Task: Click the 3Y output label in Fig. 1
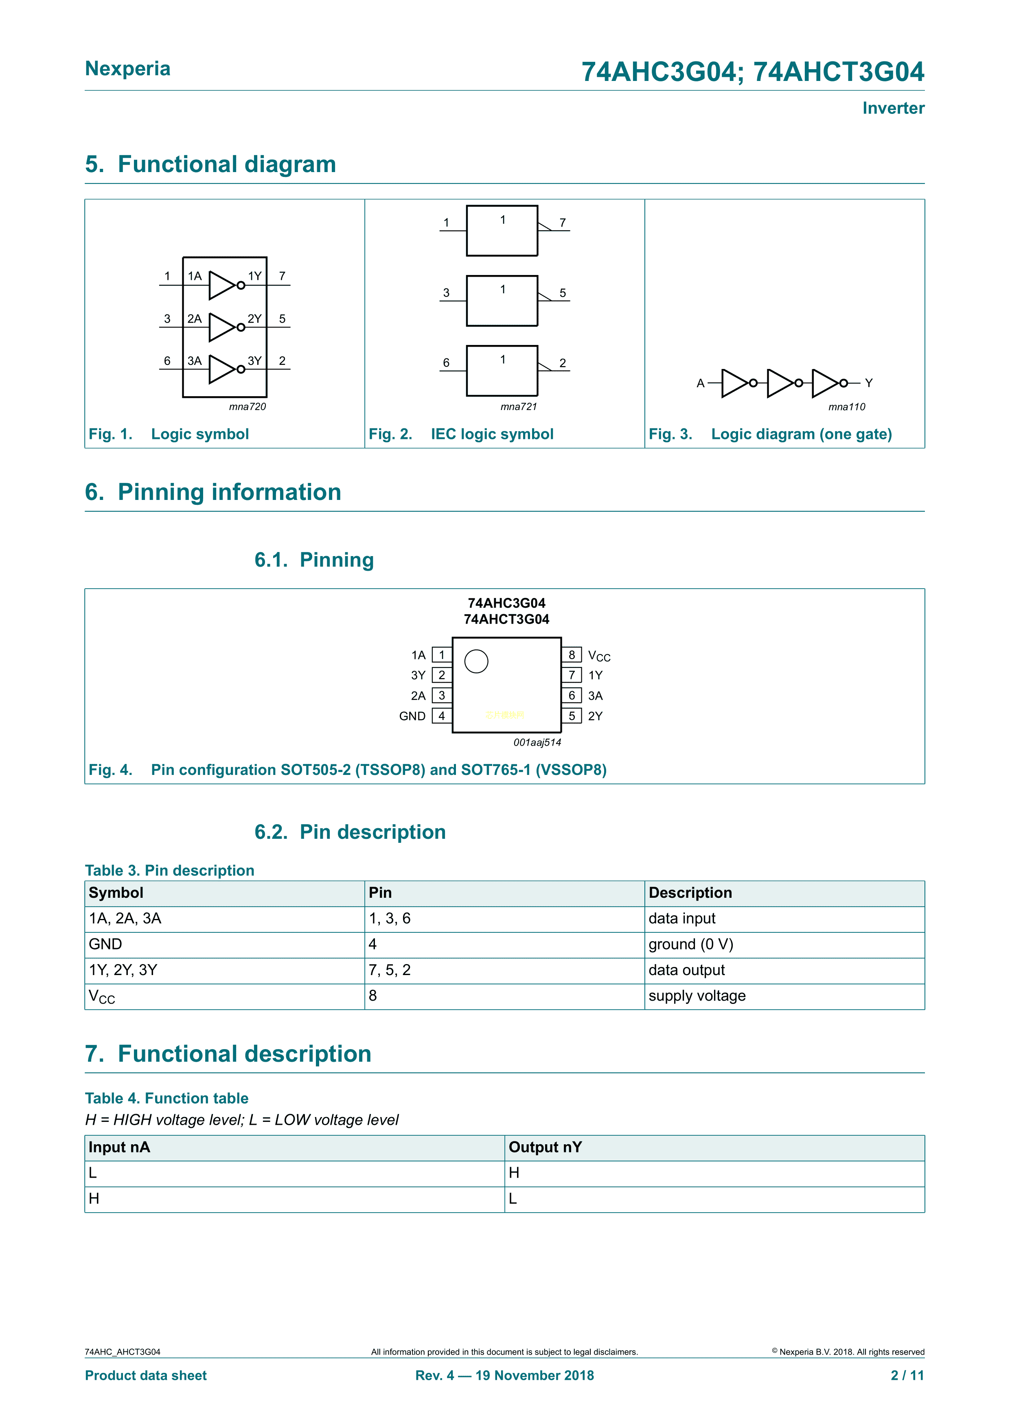tap(254, 360)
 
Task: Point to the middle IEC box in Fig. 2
tap(502, 301)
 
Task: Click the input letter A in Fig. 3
tap(700, 384)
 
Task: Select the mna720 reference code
tap(247, 406)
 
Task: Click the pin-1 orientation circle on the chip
tap(476, 661)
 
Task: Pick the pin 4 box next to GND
tap(442, 716)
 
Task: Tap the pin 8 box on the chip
tap(572, 655)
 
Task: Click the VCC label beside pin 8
tap(599, 656)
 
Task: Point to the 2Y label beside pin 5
tap(595, 716)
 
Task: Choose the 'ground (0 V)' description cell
tap(690, 944)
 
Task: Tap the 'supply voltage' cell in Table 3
tap(697, 996)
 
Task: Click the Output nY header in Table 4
tap(545, 1147)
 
